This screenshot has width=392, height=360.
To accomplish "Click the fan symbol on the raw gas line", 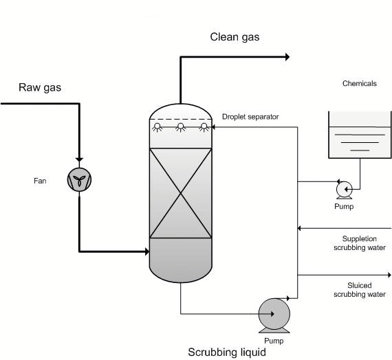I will click(x=80, y=180).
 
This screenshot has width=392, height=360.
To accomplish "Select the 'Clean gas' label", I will click(x=235, y=36).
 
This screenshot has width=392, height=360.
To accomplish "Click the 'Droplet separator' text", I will click(x=250, y=117).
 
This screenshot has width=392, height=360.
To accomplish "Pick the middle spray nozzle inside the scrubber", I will click(x=180, y=126).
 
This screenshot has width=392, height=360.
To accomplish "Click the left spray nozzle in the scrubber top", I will click(x=157, y=126).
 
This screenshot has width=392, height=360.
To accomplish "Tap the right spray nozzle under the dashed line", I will click(x=203, y=126).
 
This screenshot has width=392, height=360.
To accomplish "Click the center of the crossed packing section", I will click(x=180, y=194).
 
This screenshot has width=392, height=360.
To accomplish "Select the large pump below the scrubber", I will click(x=273, y=315).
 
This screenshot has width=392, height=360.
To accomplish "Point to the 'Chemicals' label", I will click(x=360, y=84).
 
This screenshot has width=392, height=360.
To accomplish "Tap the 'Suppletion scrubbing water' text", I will click(x=359, y=243).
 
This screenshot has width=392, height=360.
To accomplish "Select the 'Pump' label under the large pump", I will click(x=273, y=341).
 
